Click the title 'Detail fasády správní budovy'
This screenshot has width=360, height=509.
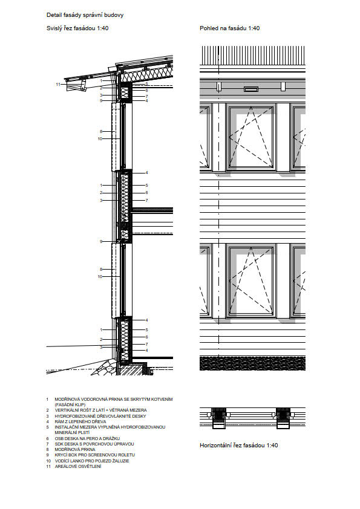(85, 15)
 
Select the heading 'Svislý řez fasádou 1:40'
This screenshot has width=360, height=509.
(77, 28)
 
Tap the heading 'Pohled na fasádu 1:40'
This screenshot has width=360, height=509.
(230, 28)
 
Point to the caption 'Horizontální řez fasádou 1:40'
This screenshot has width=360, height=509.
(239, 446)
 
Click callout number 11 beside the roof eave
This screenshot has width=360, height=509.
(58, 85)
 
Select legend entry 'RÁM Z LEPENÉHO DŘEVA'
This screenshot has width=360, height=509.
(80, 421)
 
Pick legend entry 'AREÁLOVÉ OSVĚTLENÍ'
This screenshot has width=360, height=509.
(78, 467)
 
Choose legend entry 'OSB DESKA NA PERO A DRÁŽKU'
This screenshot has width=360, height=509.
(87, 438)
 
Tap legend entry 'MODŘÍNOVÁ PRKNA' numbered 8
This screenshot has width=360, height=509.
(75, 450)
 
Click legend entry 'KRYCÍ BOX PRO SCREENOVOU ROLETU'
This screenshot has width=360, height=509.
(94, 455)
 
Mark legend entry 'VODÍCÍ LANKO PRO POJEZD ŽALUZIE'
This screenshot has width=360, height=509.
(91, 461)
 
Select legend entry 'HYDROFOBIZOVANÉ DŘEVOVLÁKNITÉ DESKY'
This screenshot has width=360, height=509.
(100, 416)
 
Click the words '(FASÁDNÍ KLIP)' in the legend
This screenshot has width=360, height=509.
(70, 405)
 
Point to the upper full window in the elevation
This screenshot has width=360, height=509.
(251, 137)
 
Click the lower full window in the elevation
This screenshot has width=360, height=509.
(251, 280)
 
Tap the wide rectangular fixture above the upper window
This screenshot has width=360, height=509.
(251, 89)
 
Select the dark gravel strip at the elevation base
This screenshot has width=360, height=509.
(252, 363)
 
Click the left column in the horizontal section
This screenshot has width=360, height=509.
(218, 418)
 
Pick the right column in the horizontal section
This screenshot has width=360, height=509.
(283, 418)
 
